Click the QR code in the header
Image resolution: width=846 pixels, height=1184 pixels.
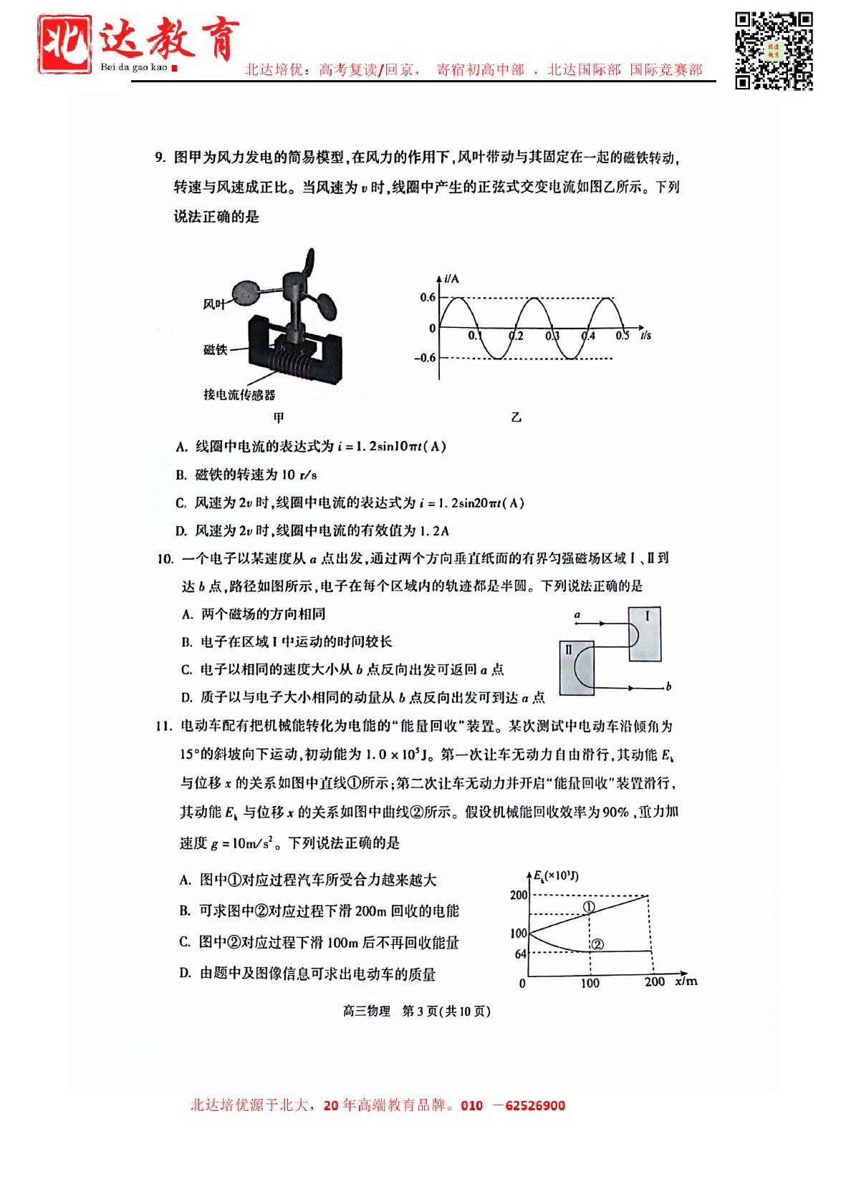(774, 50)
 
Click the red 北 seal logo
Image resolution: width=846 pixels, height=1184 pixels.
(64, 44)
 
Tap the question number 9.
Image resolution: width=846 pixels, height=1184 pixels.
(160, 157)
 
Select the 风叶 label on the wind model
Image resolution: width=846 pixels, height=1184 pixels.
(213, 304)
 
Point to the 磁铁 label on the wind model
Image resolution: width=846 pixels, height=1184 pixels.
(215, 349)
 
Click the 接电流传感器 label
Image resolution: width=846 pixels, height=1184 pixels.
(239, 394)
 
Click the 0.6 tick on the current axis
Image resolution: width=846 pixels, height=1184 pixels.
(428, 298)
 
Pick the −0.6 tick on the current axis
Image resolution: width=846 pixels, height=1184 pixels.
(425, 358)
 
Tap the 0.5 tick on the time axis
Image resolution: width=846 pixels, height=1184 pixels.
(622, 336)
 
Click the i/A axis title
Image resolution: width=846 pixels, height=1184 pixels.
(451, 278)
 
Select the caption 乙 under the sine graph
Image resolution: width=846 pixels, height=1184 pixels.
(516, 417)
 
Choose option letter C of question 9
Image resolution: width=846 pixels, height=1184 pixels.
(181, 503)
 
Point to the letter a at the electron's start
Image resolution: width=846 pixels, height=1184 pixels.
(577, 615)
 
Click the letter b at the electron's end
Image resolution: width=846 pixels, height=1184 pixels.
(668, 686)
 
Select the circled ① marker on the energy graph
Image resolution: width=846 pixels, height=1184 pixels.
(589, 907)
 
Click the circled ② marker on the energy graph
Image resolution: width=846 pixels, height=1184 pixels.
(597, 944)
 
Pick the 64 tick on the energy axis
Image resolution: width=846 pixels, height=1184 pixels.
(521, 954)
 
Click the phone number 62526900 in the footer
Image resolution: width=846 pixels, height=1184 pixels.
(535, 1105)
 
